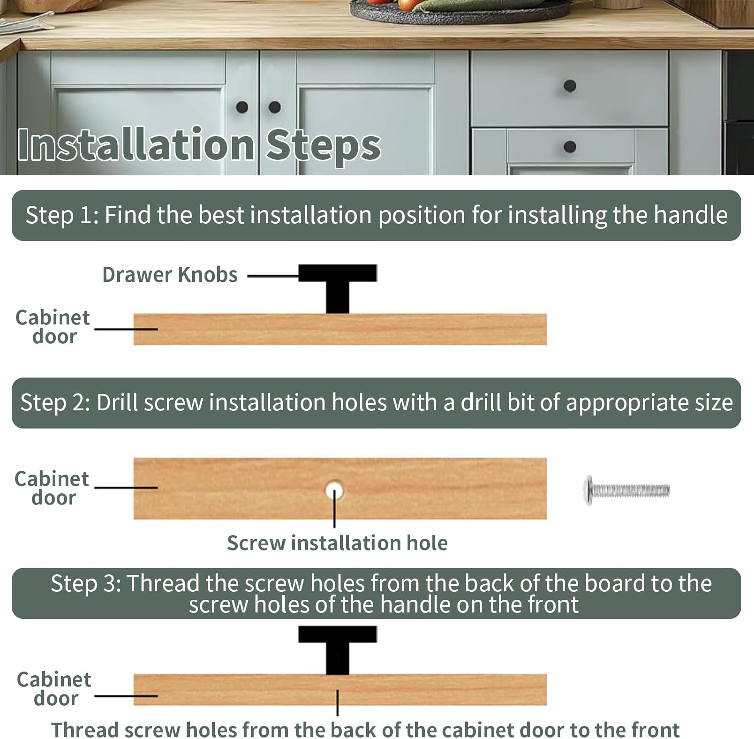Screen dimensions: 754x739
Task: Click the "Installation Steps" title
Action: [199, 145]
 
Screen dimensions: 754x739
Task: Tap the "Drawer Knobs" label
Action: [170, 275]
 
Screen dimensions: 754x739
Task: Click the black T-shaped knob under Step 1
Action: [337, 288]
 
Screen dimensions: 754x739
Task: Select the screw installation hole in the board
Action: [334, 489]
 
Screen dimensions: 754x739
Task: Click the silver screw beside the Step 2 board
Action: [626, 490]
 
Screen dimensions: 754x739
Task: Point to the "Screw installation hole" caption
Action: [337, 543]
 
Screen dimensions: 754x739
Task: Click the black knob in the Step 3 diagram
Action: [337, 650]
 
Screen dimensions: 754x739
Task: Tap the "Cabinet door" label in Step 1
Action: [53, 327]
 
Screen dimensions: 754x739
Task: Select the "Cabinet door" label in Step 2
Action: [52, 488]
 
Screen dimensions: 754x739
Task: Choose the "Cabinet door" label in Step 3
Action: [54, 689]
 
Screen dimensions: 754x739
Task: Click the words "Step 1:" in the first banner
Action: [62, 215]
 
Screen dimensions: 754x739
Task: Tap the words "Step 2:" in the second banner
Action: [55, 403]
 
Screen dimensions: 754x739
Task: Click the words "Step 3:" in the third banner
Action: [85, 584]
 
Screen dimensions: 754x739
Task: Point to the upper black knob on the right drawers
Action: [570, 86]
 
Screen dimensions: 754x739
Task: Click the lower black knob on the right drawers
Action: [570, 147]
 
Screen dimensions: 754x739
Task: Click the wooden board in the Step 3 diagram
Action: [340, 690]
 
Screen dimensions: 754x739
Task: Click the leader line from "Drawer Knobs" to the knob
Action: [273, 275]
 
